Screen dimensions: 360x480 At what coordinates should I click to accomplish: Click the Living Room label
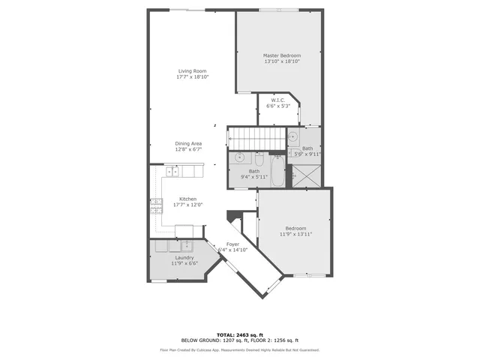click(192, 71)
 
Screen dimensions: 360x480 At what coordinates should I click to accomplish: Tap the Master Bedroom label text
click(281, 56)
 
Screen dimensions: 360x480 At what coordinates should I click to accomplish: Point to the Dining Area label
click(188, 143)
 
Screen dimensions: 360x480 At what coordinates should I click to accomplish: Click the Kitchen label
click(187, 199)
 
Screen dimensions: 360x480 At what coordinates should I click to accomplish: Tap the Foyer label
click(233, 244)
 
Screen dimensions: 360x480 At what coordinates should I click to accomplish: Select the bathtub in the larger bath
click(277, 173)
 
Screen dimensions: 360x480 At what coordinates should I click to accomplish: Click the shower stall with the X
click(305, 175)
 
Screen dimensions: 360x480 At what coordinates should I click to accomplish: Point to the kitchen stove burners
click(156, 205)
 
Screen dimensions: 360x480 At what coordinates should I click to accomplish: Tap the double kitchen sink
click(172, 172)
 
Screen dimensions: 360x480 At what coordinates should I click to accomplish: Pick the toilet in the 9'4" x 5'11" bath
click(257, 159)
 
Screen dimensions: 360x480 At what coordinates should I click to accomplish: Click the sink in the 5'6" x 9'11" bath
click(293, 137)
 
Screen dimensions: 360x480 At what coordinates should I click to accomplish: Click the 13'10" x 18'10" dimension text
click(281, 62)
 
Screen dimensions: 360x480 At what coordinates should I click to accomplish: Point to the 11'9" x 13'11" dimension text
click(295, 235)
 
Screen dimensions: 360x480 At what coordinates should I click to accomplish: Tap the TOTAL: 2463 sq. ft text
click(239, 334)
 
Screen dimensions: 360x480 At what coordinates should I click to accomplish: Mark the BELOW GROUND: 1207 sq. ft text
click(212, 340)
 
